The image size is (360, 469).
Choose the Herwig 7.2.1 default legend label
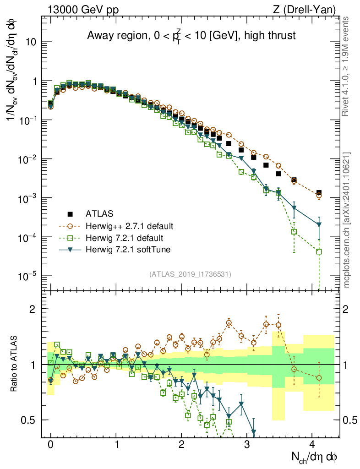click(x=125, y=238)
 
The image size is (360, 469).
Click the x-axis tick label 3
click(x=247, y=444)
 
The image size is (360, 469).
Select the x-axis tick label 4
click(x=312, y=444)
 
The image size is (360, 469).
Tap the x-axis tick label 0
click(x=50, y=444)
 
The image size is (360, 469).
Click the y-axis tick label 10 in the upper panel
click(x=31, y=42)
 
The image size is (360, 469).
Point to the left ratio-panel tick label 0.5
click(x=29, y=420)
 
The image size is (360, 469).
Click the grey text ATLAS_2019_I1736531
click(x=190, y=274)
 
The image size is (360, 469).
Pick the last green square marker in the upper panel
click(x=319, y=251)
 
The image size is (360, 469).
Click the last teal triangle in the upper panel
click(x=319, y=224)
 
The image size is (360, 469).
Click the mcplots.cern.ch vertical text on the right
click(x=347, y=220)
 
